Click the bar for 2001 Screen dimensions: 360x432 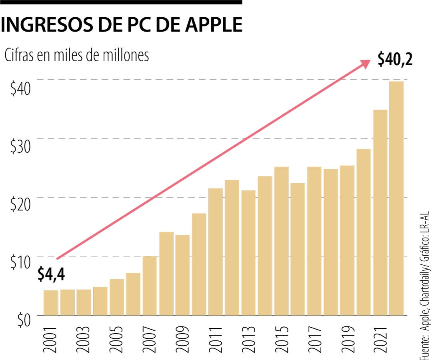point(51,302)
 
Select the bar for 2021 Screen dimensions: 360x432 point(380,212)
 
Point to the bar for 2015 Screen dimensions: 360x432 point(281,240)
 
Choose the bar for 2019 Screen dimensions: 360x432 point(347,240)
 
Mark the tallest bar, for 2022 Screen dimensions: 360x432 point(396,198)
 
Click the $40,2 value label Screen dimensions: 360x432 point(395,61)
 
